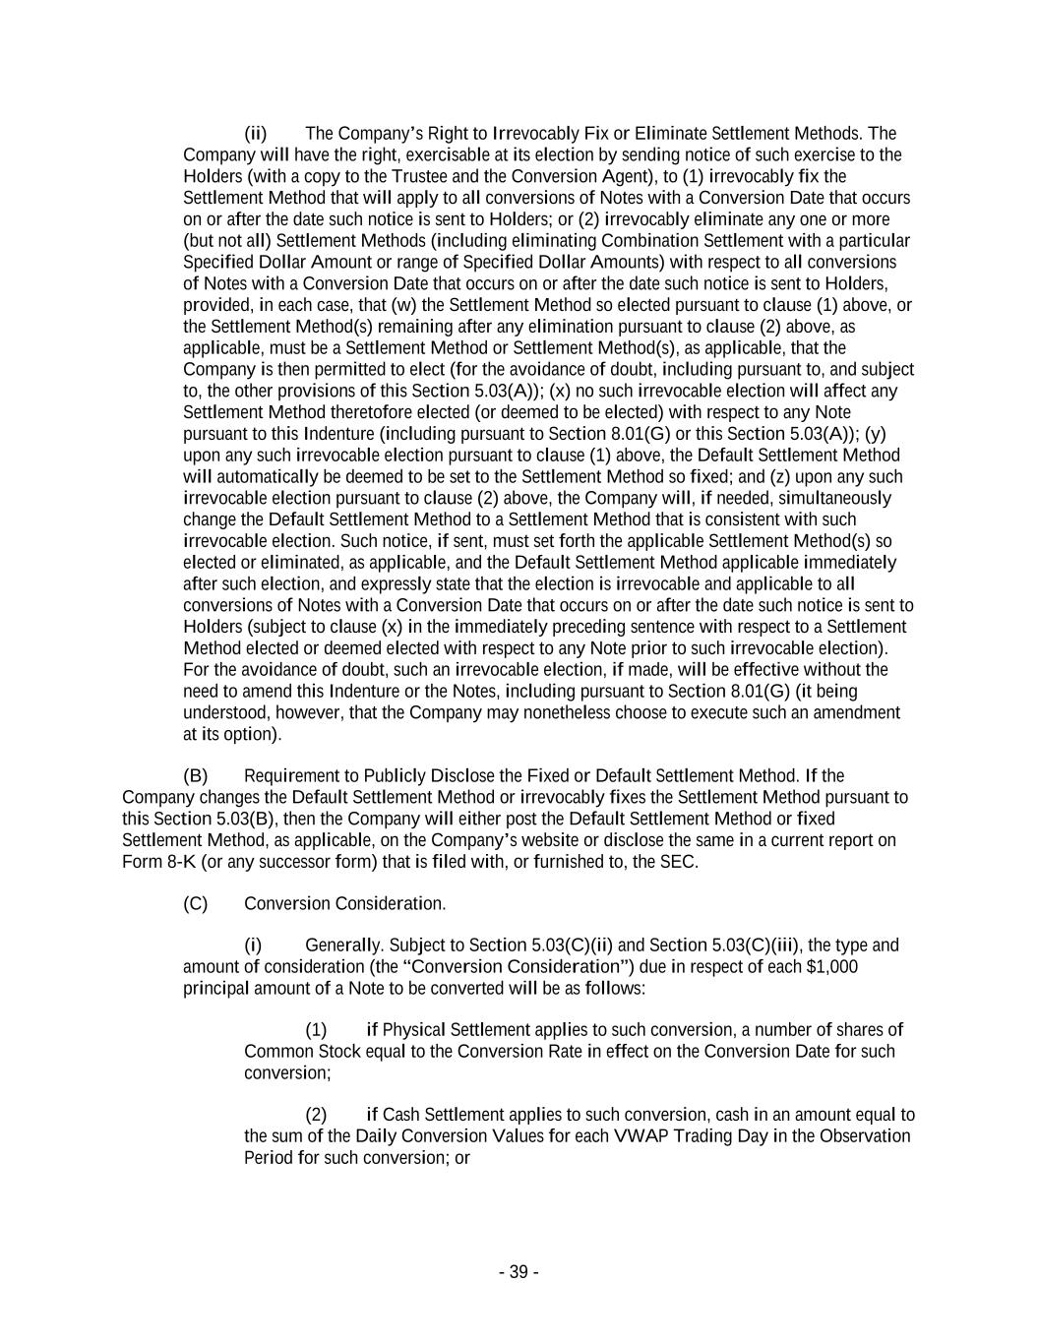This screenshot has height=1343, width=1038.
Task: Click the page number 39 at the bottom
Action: (x=519, y=1272)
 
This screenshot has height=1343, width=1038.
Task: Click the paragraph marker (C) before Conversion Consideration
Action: (x=195, y=903)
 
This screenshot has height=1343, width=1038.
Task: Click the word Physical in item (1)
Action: (x=413, y=1029)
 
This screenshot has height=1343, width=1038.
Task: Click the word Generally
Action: (x=341, y=946)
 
